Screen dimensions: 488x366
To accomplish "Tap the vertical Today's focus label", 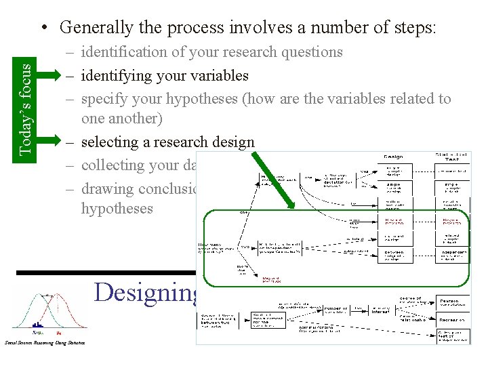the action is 24,99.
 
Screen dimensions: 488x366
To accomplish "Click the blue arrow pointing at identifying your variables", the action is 50,75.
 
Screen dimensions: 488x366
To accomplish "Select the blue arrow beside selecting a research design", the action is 50,142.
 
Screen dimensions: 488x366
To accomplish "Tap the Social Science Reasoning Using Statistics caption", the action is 45,343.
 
